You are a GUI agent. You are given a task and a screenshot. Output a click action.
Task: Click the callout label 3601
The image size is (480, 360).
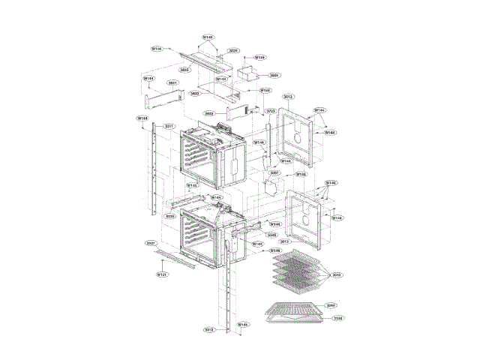click(172, 82)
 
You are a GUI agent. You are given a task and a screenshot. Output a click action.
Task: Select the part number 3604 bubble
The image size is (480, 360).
click(274, 75)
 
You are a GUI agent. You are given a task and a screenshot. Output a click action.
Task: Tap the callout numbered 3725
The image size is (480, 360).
click(271, 110)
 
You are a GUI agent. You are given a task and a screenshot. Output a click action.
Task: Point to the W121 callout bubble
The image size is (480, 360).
click(161, 275)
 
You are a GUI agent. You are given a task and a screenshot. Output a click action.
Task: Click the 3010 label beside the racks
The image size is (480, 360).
click(337, 275)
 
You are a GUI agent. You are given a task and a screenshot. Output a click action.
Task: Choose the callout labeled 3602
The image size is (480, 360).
click(209, 113)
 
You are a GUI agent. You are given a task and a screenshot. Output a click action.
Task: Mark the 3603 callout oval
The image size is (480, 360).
click(195, 94)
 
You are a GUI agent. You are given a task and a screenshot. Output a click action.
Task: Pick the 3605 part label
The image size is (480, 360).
click(184, 69)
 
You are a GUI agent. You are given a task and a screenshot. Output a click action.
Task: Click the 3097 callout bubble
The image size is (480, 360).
click(274, 172)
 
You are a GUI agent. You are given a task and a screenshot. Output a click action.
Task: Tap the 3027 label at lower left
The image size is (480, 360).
click(151, 244)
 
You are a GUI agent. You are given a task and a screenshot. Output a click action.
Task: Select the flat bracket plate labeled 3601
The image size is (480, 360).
click(164, 98)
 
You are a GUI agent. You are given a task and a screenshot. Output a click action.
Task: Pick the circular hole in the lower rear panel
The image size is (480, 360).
click(307, 222)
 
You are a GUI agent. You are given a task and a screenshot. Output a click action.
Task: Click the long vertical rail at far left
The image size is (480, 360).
click(154, 169)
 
